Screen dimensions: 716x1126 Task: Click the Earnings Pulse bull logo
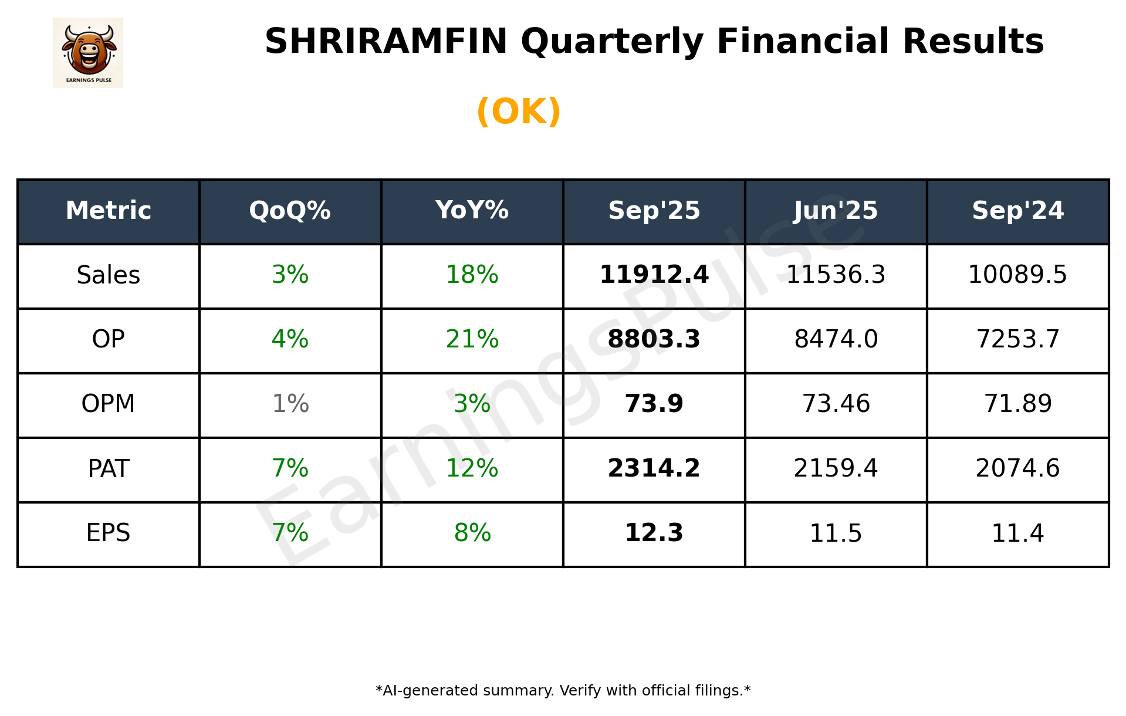click(x=88, y=52)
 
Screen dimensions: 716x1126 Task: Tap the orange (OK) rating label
click(x=519, y=112)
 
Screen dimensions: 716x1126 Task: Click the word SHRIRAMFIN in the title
click(x=386, y=42)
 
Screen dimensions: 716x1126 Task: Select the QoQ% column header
click(x=290, y=211)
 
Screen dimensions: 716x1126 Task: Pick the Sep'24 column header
click(x=1017, y=211)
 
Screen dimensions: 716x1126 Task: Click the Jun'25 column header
click(x=836, y=211)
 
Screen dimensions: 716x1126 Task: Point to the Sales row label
click(x=109, y=275)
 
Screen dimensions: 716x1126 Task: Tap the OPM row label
click(x=109, y=404)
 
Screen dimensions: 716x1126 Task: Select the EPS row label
click(x=109, y=533)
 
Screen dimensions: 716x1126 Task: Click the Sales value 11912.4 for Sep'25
click(x=654, y=275)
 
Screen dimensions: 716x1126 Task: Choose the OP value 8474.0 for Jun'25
click(x=836, y=339)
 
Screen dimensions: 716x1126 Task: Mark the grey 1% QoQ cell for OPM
click(x=290, y=404)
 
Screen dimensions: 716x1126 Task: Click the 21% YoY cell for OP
click(x=472, y=339)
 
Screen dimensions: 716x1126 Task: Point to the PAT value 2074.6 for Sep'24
click(x=1017, y=468)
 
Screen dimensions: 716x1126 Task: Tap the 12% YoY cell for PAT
click(x=472, y=468)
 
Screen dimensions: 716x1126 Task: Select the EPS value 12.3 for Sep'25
click(x=654, y=533)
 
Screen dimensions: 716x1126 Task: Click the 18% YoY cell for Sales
click(x=472, y=275)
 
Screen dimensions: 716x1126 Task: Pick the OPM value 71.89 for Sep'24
click(x=1017, y=404)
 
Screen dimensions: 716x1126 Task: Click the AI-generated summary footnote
click(x=563, y=691)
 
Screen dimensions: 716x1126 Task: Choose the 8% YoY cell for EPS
click(x=472, y=533)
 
